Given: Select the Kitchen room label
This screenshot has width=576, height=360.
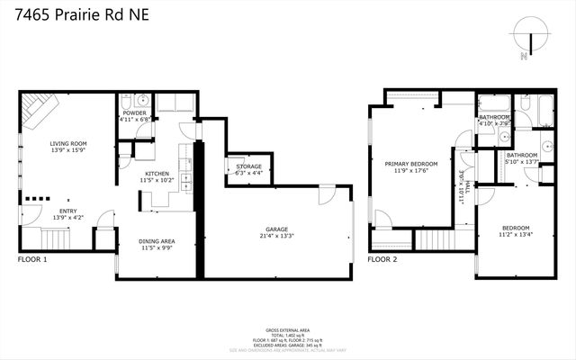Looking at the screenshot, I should click(157, 174).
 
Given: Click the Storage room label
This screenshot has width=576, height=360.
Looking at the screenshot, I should click(248, 166).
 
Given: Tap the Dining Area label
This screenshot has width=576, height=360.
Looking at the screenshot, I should click(157, 241).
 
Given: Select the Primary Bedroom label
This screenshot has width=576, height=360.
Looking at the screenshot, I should click(411, 165).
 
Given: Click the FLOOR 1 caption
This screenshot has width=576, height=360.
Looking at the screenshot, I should click(31, 260).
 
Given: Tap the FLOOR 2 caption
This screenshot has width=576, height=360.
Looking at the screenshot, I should click(382, 260).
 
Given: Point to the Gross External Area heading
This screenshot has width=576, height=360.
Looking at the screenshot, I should click(288, 330).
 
